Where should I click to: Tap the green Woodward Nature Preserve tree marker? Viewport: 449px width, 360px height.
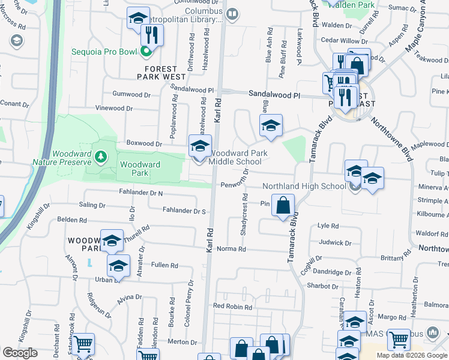pos(101,157)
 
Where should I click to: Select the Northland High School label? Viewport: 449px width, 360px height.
pos(304,186)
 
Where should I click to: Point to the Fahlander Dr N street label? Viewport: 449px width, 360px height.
pos(141,193)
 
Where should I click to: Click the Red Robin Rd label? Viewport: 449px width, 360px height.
pos(231,307)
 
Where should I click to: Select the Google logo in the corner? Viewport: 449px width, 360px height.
pos(20,353)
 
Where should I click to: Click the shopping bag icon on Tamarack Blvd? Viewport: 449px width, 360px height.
pos(283,206)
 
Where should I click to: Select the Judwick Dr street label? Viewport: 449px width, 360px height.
pos(335,243)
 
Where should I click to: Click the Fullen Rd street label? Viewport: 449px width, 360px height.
pos(164,265)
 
